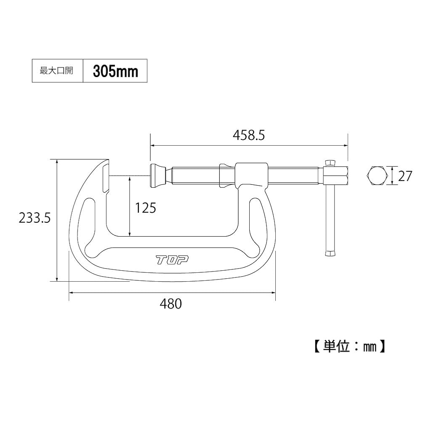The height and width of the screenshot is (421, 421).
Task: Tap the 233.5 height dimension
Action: (x=35, y=217)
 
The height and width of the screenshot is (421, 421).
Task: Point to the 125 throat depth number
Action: (x=145, y=207)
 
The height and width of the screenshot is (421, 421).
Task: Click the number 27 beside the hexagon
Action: (x=405, y=176)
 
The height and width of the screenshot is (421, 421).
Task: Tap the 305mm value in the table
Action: (x=115, y=71)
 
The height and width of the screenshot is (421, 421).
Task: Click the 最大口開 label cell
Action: (x=56, y=71)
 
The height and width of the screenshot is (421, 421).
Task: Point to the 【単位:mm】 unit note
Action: (x=349, y=346)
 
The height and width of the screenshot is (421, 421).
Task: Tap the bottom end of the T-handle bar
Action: (x=330, y=253)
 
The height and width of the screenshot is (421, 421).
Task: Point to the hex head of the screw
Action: (x=336, y=176)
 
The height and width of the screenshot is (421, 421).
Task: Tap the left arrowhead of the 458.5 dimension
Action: (x=153, y=146)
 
